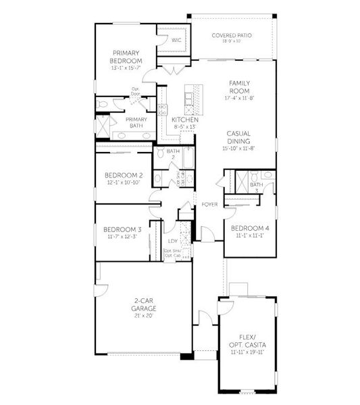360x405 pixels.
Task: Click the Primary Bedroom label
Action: [126, 57]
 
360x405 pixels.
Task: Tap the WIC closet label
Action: [176, 40]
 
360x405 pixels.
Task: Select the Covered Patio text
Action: [231, 35]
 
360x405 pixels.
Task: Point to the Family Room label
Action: [239, 86]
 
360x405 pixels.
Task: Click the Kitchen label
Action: [184, 119]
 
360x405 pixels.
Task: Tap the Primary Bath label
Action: [136, 123]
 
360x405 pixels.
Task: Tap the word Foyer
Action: [209, 204]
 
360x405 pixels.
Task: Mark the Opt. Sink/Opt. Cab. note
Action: [172, 254]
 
